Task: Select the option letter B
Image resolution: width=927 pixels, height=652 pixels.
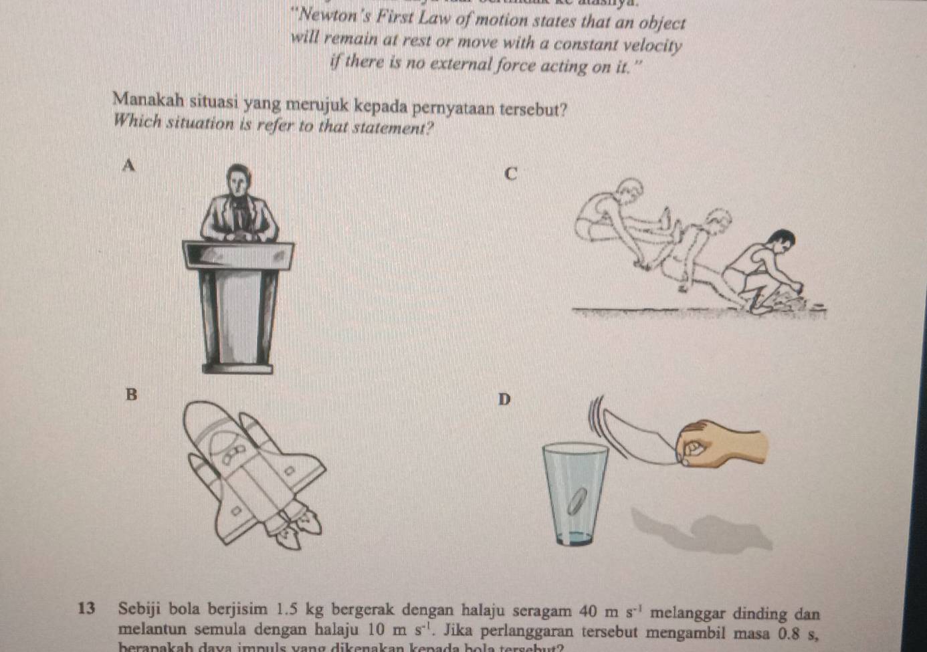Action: coord(131,395)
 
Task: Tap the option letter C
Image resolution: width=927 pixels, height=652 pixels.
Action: coord(510,175)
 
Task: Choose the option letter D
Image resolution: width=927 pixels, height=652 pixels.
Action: coord(504,399)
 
